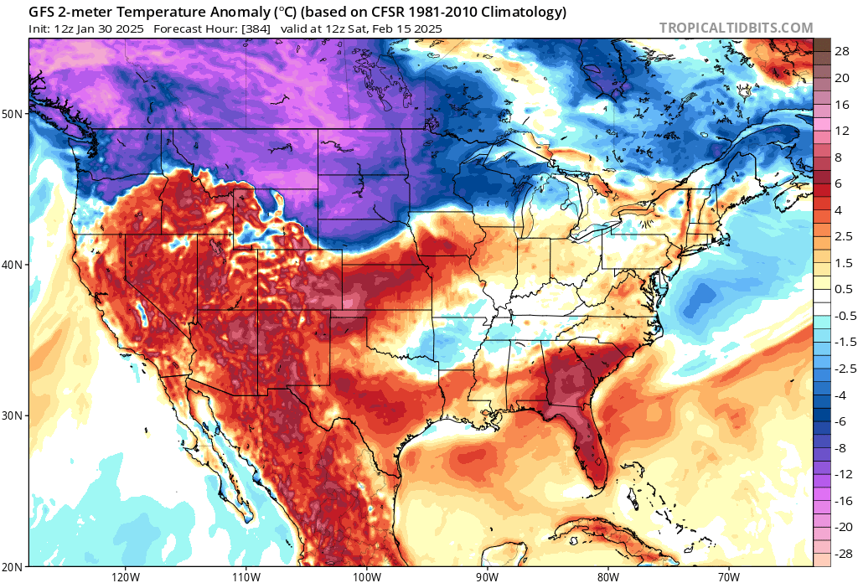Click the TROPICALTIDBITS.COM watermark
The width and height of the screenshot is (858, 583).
736,28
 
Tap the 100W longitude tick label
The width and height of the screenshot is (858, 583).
366,575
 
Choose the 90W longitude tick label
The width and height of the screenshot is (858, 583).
487,575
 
